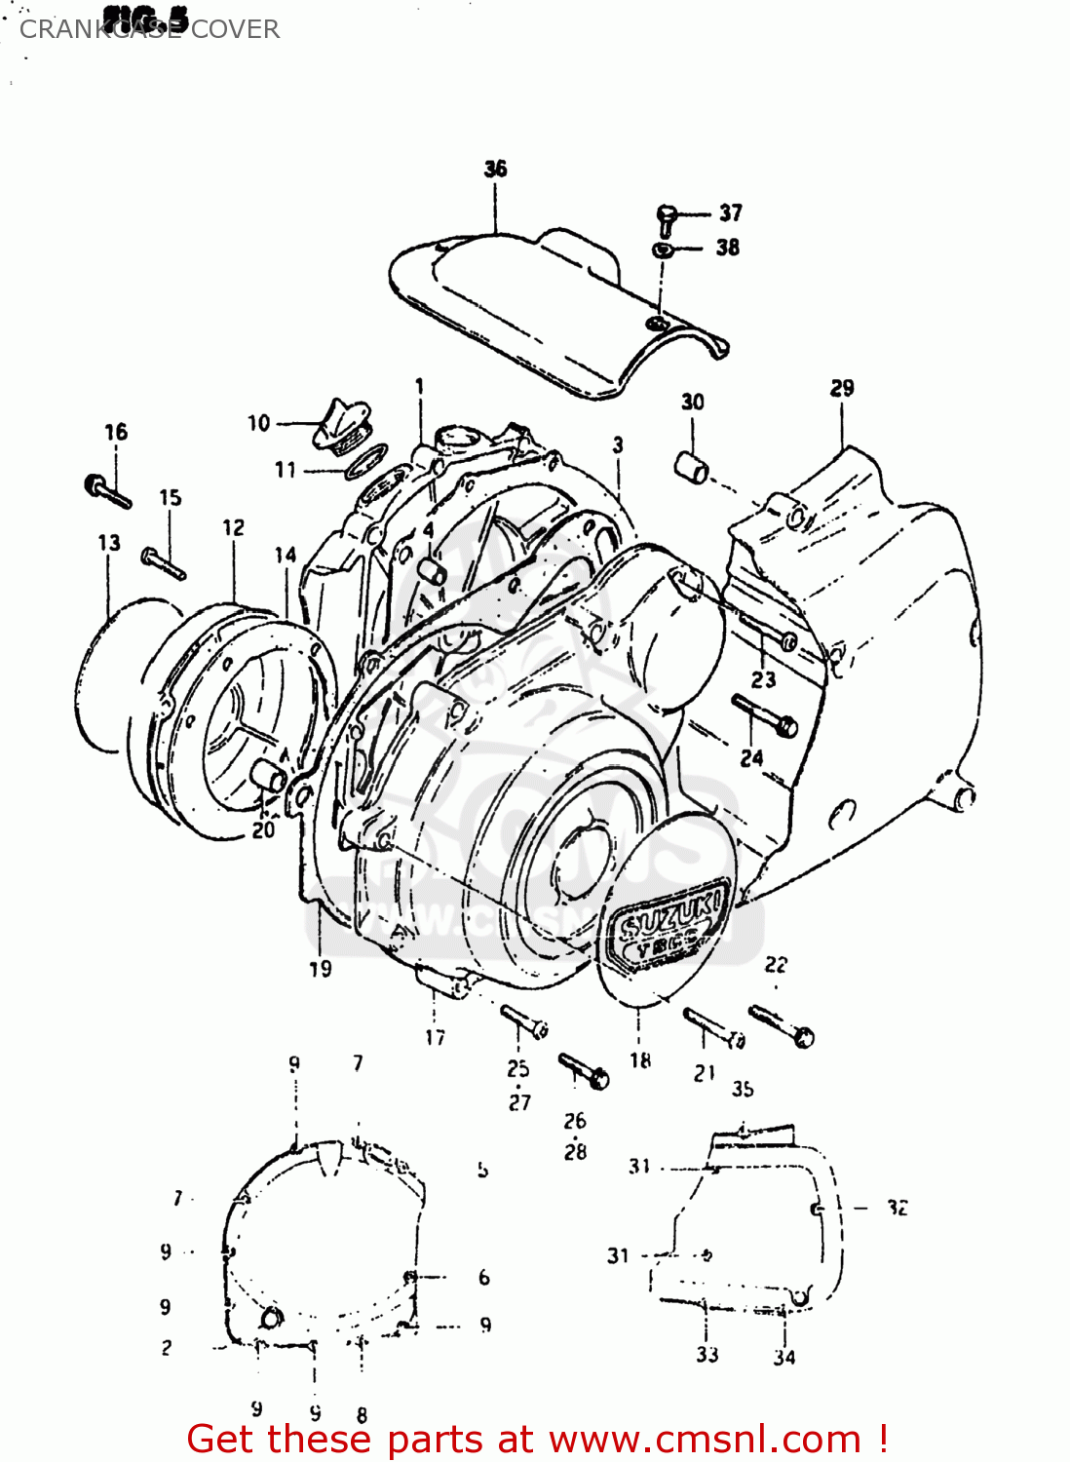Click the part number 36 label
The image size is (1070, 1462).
tap(495, 169)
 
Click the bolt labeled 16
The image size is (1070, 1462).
tap(106, 490)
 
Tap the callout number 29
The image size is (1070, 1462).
tap(842, 388)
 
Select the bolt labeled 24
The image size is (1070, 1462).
tap(765, 716)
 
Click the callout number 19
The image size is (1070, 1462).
tap(321, 969)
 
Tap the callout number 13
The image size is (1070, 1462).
tap(109, 543)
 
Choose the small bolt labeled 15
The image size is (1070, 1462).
tap(163, 562)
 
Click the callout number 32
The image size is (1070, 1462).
tap(898, 1208)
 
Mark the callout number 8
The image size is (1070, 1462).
tap(362, 1414)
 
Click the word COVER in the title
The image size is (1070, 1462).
tap(235, 29)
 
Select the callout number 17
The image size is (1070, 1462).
tap(435, 1038)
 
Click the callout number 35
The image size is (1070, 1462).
tap(743, 1089)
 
